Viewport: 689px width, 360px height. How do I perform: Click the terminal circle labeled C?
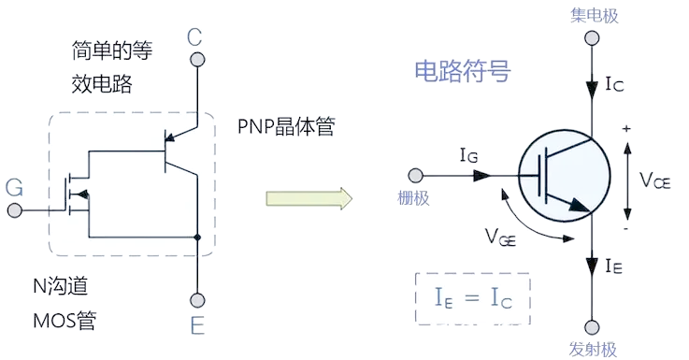pyautogui.click(x=197, y=59)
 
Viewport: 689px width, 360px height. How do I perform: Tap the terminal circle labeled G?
pyautogui.click(x=15, y=210)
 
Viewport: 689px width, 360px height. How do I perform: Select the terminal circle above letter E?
pyautogui.click(x=197, y=300)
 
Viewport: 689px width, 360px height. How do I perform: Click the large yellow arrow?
pyautogui.click(x=309, y=198)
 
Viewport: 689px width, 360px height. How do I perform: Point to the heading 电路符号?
pyautogui.click(x=462, y=71)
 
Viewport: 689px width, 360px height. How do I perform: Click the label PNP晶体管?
pyautogui.click(x=286, y=126)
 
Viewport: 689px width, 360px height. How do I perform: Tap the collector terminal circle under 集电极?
pyautogui.click(x=592, y=38)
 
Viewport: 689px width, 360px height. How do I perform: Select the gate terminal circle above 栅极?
pyautogui.click(x=415, y=176)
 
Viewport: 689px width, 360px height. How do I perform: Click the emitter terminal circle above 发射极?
pyautogui.click(x=592, y=327)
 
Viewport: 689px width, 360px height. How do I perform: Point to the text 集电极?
pyautogui.click(x=594, y=16)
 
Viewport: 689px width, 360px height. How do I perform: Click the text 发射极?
pyautogui.click(x=593, y=350)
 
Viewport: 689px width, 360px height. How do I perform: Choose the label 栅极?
pyautogui.click(x=413, y=198)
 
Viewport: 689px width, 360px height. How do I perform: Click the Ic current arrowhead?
pyautogui.click(x=592, y=89)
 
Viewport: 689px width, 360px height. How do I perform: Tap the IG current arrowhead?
pyautogui.click(x=481, y=176)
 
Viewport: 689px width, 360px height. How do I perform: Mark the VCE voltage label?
pyautogui.click(x=654, y=180)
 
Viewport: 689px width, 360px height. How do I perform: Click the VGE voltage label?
pyautogui.click(x=500, y=237)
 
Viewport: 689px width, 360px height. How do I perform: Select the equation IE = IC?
pyautogui.click(x=473, y=297)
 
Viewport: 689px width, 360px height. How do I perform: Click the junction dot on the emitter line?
pyautogui.click(x=197, y=238)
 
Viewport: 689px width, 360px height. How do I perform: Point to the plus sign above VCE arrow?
pyautogui.click(x=626, y=129)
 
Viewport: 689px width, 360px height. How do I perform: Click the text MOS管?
pyautogui.click(x=65, y=321)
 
